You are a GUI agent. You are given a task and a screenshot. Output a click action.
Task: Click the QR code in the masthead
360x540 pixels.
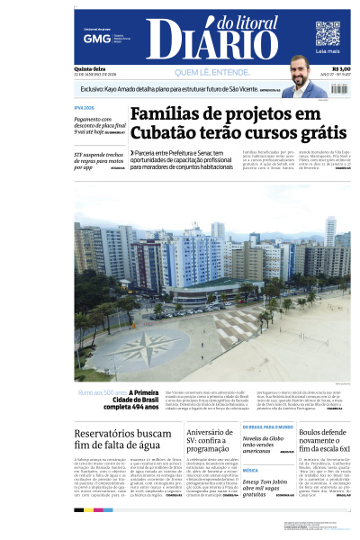tap(328, 33)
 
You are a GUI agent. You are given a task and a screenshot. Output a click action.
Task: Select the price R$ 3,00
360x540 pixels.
tap(341, 69)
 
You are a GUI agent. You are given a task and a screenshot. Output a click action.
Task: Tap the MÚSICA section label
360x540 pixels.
tap(250, 470)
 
